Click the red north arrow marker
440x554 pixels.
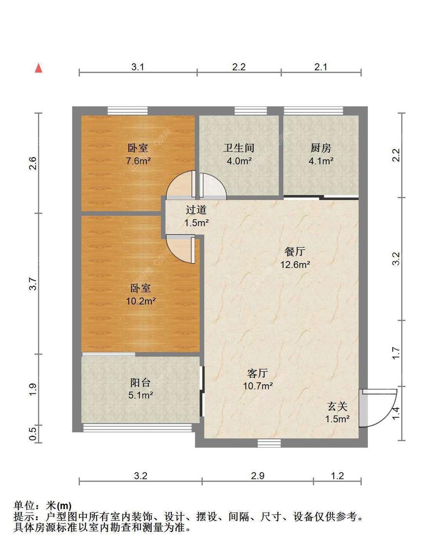[38, 68]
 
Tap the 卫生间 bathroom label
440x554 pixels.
[239, 148]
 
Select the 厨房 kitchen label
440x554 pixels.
[321, 148]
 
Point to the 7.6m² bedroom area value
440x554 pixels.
[138, 161]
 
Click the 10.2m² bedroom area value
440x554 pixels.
[140, 301]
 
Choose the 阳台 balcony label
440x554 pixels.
[140, 382]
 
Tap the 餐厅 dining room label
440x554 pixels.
[295, 251]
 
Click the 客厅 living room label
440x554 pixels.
[258, 373]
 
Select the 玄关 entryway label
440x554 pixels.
[337, 407]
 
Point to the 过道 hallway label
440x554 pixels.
[196, 210]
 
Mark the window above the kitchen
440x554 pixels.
[313, 111]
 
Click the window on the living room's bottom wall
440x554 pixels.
[269, 443]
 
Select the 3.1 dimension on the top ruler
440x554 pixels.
[138, 67]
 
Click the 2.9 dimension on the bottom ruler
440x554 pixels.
[258, 476]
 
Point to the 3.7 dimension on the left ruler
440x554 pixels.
[33, 283]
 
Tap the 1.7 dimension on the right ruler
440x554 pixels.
[396, 353]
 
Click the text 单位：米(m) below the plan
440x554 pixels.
[43, 506]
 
